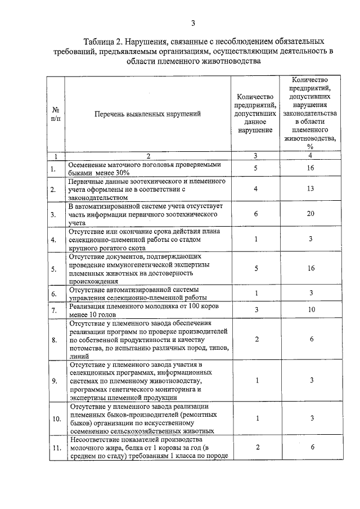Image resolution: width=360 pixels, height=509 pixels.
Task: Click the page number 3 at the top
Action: click(192, 23)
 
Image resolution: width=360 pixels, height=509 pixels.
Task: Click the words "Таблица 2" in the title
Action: click(103, 42)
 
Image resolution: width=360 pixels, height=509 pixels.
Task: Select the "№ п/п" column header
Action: click(56, 115)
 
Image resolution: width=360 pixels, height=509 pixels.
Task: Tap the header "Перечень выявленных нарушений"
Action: click(148, 114)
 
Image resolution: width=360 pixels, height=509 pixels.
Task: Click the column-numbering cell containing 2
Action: click(148, 155)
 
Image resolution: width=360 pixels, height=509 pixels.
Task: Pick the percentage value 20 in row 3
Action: click(310, 214)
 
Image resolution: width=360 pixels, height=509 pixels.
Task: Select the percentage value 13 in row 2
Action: click(310, 190)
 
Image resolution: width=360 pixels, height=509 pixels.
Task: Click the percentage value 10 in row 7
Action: click(310, 310)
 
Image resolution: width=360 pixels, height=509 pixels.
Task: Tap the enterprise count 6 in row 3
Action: click(255, 214)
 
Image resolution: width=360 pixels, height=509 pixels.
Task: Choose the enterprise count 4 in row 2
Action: click(255, 190)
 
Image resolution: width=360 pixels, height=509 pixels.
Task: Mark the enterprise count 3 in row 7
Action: click(255, 310)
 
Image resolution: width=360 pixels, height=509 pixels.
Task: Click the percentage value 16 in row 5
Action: click(310, 268)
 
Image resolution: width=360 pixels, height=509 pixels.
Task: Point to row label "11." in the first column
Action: click(56, 448)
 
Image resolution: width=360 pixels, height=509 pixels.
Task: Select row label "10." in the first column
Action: click(56, 419)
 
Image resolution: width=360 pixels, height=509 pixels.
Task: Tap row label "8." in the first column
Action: click(54, 340)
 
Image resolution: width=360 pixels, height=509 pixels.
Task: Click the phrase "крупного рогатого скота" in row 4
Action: click(104, 247)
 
